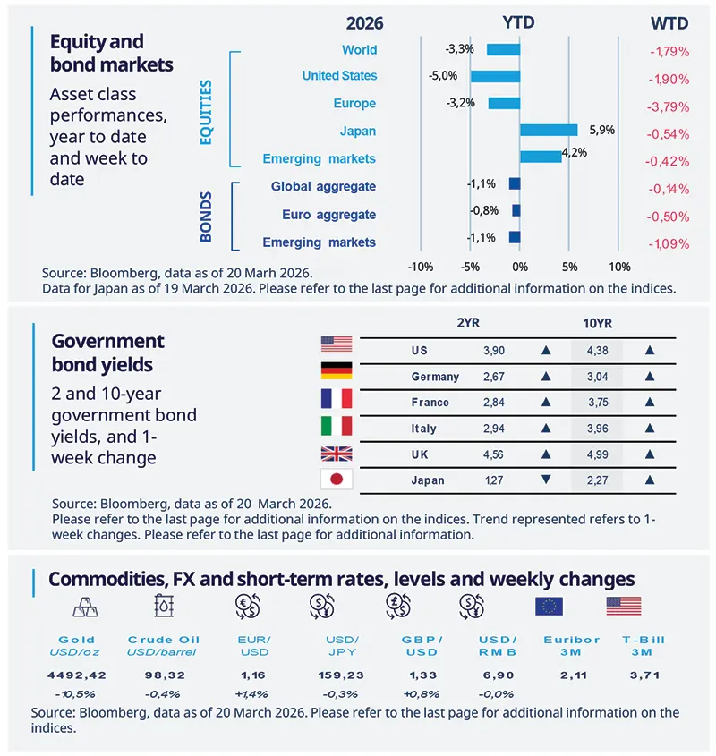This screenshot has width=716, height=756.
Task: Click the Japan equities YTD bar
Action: click(549, 131)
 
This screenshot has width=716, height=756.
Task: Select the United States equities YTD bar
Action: click(495, 76)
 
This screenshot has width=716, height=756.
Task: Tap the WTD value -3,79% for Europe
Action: click(668, 106)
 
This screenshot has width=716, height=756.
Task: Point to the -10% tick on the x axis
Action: click(420, 267)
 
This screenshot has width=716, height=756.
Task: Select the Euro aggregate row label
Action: click(328, 215)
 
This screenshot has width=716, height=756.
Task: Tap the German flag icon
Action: click(337, 371)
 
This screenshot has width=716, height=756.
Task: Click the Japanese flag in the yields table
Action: click(337, 479)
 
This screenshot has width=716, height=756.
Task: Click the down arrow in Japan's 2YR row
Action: click(546, 480)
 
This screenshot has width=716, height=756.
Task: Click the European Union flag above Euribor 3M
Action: click(548, 606)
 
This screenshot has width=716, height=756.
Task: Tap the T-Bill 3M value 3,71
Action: click(641, 675)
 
